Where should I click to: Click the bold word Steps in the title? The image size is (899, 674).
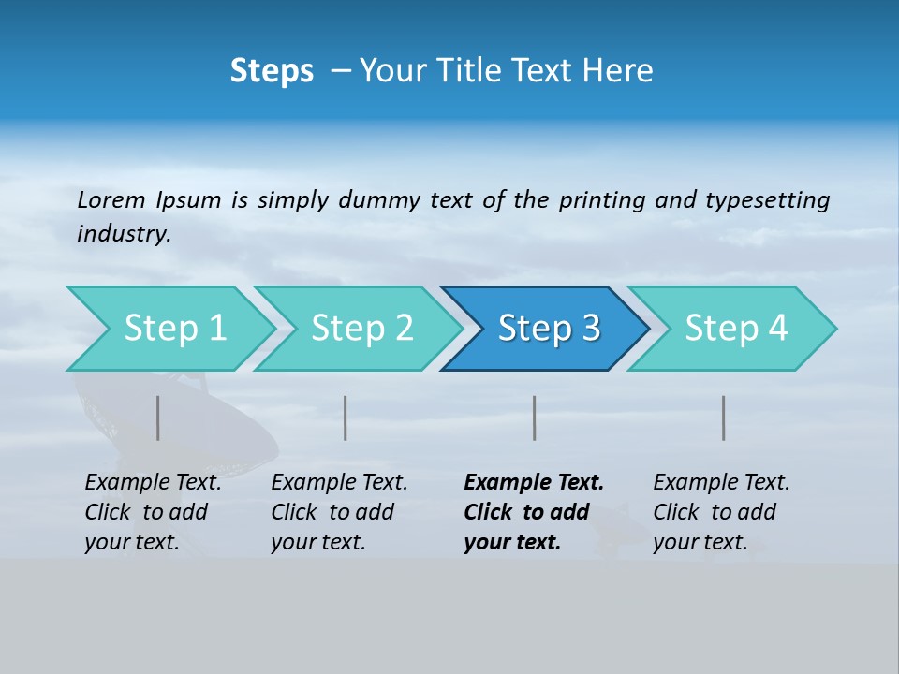pos(272,71)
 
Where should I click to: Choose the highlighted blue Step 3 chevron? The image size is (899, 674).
pos(549,329)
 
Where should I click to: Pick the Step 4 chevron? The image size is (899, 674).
pos(736,329)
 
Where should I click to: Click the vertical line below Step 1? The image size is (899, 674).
pos(157,418)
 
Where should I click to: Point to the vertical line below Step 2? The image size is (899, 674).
pos(346,418)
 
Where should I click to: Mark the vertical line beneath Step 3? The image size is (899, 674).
pos(534,418)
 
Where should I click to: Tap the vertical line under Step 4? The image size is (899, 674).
pos(723,418)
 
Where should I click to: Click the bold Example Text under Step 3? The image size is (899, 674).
pos(534,512)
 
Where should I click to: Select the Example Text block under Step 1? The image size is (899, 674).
pos(153,512)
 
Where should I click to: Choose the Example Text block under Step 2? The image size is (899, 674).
pos(339,512)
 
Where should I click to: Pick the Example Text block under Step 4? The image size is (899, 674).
pos(721,512)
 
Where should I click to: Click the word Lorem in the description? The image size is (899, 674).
pos(111,200)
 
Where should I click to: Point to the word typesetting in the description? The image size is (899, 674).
pos(767,200)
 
